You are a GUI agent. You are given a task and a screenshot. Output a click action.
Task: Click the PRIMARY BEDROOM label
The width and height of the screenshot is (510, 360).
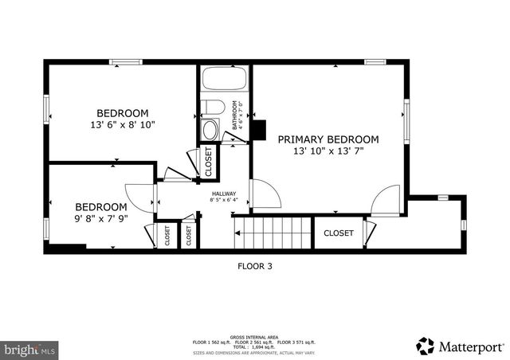tap(328, 139)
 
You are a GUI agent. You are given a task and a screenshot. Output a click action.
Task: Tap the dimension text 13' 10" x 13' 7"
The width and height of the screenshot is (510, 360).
tap(328, 151)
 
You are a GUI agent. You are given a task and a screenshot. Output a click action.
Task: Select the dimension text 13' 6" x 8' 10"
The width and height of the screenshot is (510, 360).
tap(123, 124)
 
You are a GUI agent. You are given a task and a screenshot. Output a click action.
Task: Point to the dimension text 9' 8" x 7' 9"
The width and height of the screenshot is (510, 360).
tap(100, 218)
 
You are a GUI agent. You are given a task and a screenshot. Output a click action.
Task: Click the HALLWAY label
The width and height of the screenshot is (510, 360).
tap(223, 194)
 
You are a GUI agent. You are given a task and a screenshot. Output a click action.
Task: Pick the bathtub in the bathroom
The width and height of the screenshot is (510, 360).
tap(225, 80)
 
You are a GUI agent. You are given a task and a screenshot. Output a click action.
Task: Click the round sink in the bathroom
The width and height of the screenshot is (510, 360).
tap(210, 130)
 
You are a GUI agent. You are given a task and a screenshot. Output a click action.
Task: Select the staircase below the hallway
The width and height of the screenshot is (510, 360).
tap(273, 235)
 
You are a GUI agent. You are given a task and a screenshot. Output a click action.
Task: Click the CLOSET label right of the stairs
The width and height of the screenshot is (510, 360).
tap(338, 233)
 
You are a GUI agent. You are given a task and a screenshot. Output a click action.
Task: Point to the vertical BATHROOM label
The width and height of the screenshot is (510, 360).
tap(235, 115)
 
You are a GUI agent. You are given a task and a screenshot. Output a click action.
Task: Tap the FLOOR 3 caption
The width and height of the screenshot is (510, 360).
tap(255, 267)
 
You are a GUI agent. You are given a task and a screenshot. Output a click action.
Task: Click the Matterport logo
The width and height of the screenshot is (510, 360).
tap(461, 346)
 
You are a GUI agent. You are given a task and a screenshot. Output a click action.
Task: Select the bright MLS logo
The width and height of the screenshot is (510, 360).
tap(29, 349)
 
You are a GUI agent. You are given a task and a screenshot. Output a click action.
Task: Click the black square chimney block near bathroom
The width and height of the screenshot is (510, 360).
tap(257, 130)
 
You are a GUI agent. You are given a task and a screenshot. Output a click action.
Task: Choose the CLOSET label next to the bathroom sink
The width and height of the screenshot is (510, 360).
tap(209, 161)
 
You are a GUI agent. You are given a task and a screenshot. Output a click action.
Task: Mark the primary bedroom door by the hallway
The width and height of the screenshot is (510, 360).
tap(264, 194)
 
